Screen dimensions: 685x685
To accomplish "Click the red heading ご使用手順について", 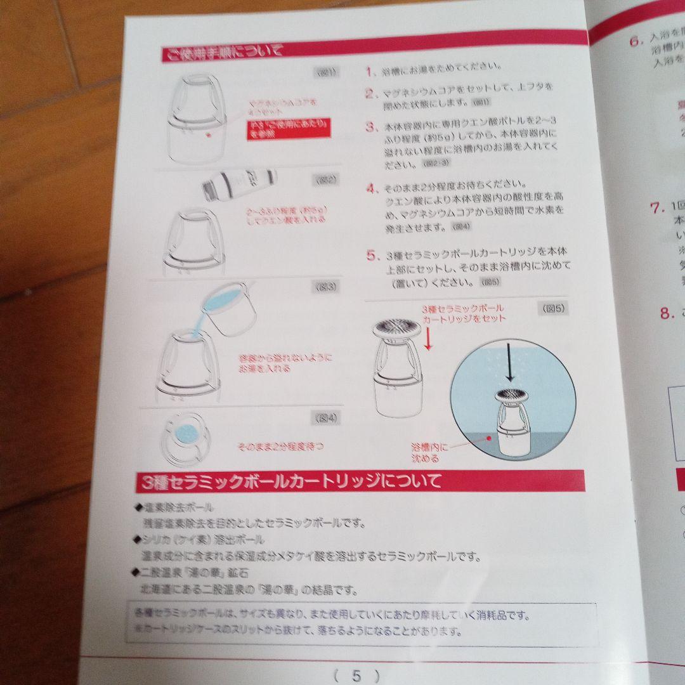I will (221, 52).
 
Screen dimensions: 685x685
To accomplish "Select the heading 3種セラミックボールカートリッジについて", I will (289, 481).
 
